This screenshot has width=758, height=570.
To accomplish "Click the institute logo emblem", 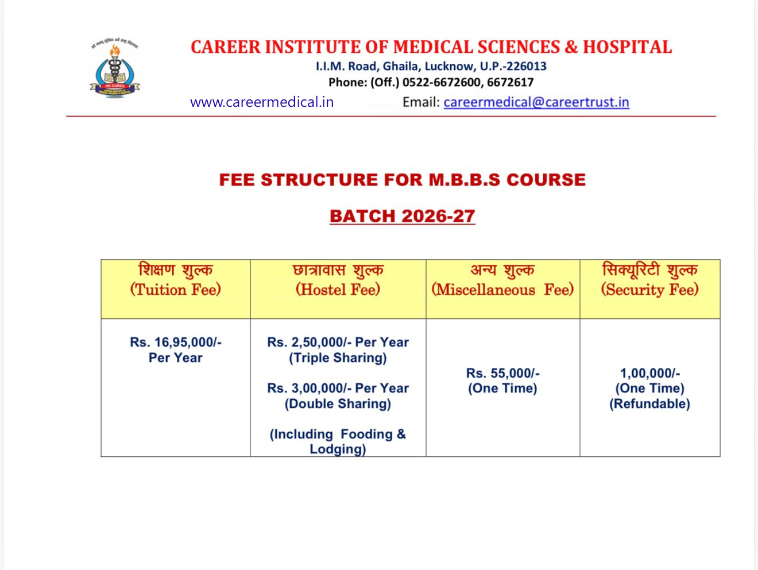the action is pos(115,69).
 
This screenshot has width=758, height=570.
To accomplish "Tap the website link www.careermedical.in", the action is pos(262,102).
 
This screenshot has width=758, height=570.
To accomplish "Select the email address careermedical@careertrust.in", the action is pos(536,102).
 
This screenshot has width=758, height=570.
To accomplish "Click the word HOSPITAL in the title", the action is pos(628,47).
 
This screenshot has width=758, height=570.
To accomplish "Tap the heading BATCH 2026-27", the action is pos(403,216).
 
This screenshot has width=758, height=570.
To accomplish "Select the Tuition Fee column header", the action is pos(175,279).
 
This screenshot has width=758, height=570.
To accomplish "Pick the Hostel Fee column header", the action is pos(338,279).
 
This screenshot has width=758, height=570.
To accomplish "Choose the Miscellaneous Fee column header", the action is pos(503,279).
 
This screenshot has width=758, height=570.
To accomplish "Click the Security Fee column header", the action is pos(650,279).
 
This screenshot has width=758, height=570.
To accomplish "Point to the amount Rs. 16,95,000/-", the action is pos(176,342).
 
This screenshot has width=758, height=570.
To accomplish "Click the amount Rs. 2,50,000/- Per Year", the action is pos(338,342).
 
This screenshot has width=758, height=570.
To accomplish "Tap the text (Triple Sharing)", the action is pos(338,357).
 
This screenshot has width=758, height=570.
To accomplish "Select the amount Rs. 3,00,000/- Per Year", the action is pos(338,388).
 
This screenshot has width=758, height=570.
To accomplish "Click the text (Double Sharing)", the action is pos(338,403).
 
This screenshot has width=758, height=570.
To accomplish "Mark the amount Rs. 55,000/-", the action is pos(503,373).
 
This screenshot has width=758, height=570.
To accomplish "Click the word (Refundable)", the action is pos(650,403).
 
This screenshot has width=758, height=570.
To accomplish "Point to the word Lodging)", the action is pos(338,449).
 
